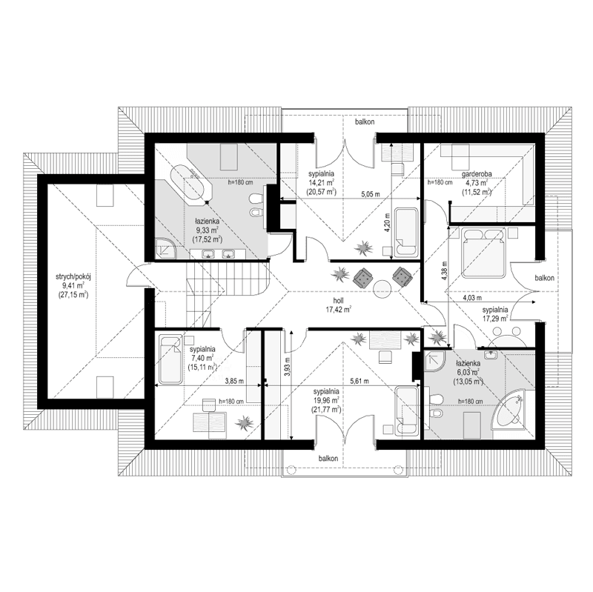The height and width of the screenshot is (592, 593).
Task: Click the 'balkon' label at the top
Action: click(363, 122)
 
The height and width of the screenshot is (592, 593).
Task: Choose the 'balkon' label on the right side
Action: click(545, 278)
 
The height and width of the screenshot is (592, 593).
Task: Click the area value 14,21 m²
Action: click(320, 182)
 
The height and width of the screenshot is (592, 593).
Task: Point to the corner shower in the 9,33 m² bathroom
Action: click(165, 247)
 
